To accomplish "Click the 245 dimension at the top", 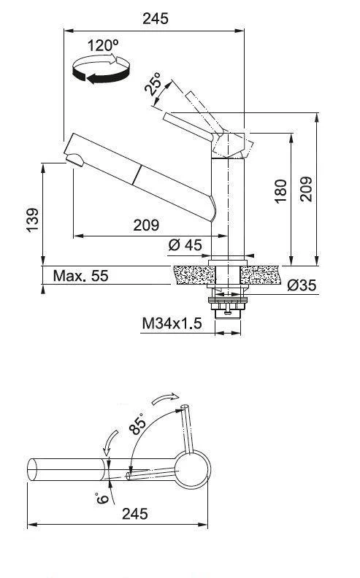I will pyautogui.click(x=154, y=19).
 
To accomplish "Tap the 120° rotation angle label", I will pyautogui.click(x=103, y=46).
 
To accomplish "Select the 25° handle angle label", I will pyautogui.click(x=154, y=85).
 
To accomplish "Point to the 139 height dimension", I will pyautogui.click(x=31, y=220).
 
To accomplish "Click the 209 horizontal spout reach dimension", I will pyautogui.click(x=145, y=225).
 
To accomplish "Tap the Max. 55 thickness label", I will pyautogui.click(x=80, y=276).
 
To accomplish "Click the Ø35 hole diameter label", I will pyautogui.click(x=301, y=285).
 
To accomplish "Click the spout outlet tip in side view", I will pyautogui.click(x=72, y=158).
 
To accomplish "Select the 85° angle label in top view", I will pyautogui.click(x=137, y=424).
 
